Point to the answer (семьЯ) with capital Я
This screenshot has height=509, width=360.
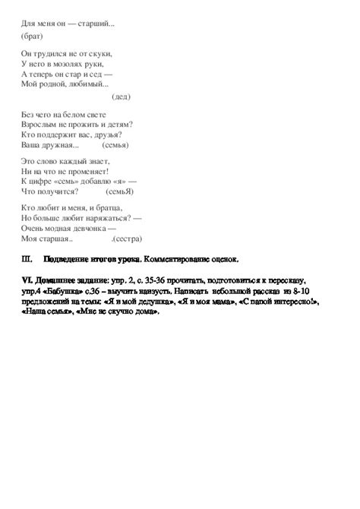(126, 191)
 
